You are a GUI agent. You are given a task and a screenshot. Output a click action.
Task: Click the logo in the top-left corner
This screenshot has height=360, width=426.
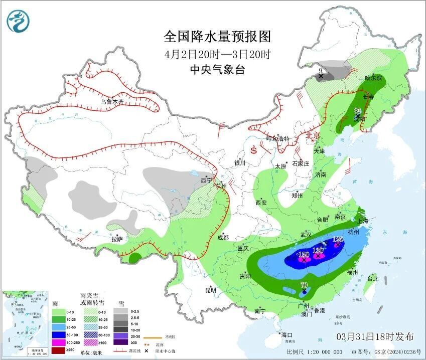(18, 21)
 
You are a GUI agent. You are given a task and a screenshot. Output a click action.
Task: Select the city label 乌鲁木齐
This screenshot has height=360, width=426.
(111, 102)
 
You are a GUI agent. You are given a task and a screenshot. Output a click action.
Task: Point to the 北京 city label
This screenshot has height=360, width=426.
(313, 135)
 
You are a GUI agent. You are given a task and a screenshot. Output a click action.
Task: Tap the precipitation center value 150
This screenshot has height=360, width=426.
(303, 255)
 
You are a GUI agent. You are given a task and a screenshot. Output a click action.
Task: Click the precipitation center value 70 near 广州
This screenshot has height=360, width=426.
(304, 285)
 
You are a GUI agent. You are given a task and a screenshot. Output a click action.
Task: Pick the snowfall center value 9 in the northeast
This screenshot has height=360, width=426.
(321, 71)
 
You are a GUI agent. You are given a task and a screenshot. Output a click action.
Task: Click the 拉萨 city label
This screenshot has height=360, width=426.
(116, 240)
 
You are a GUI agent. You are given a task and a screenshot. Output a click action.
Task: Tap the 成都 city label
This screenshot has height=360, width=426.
(223, 237)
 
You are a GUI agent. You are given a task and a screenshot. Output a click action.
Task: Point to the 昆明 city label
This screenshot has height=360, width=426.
(210, 290)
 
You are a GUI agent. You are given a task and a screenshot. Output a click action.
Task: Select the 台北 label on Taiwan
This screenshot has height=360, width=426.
(372, 278)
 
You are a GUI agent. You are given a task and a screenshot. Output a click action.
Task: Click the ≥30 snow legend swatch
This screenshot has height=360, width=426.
(120, 342)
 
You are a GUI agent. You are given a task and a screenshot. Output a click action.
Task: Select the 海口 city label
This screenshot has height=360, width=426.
(287, 334)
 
